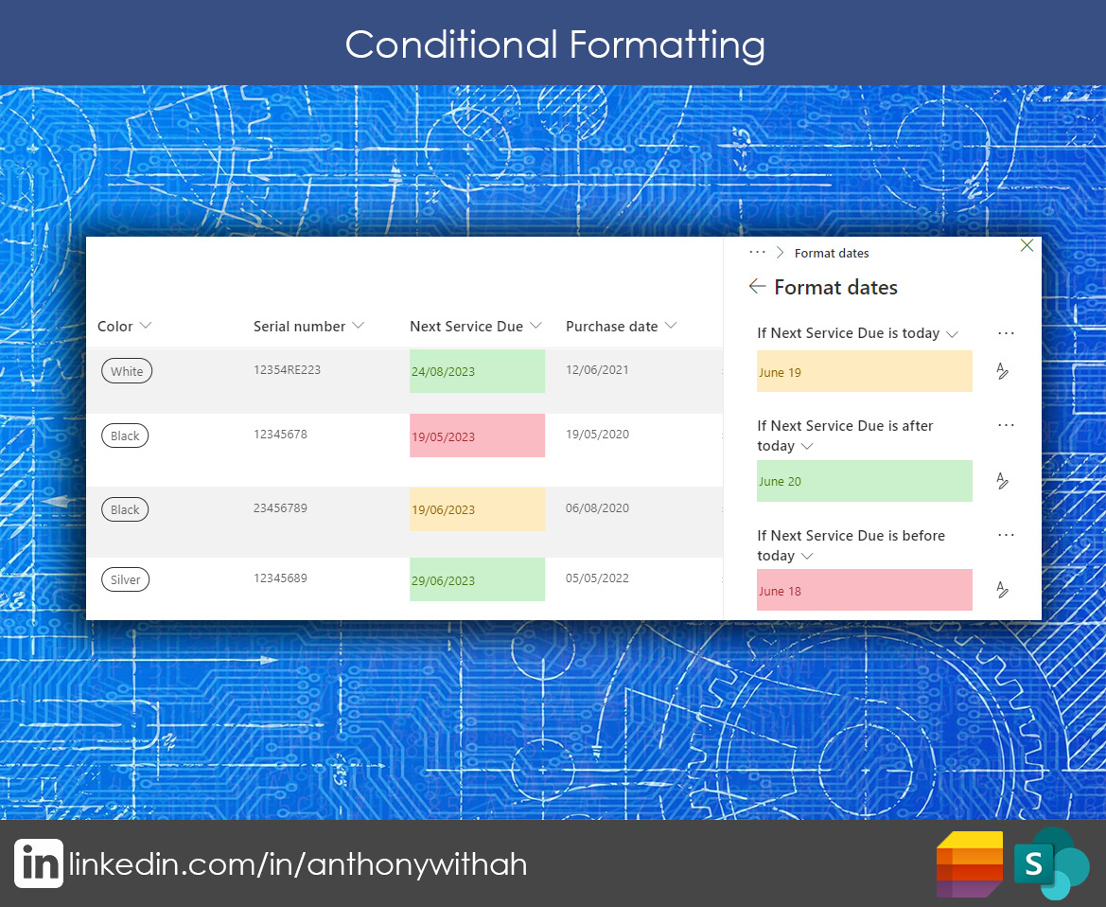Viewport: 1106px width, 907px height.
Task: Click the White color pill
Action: (x=127, y=371)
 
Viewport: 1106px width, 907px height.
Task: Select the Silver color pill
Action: (x=126, y=580)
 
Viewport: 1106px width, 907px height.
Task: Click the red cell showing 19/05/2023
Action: (x=477, y=436)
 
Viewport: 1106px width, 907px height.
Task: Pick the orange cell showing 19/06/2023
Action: (x=477, y=509)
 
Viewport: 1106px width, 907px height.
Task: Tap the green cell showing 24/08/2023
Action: (x=477, y=371)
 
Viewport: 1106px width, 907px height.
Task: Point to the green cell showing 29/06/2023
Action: (x=477, y=579)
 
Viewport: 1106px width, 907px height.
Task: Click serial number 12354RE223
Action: (x=287, y=370)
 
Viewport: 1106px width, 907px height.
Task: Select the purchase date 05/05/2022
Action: (x=597, y=578)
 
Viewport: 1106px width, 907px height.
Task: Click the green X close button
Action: (x=1027, y=245)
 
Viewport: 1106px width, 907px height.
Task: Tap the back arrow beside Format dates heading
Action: (x=757, y=286)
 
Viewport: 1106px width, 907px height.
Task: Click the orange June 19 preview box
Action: (x=864, y=371)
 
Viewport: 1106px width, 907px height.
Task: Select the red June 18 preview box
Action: (x=864, y=590)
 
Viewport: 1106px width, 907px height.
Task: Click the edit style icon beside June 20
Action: (x=1002, y=481)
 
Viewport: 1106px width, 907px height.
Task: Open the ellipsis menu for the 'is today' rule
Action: (x=1007, y=333)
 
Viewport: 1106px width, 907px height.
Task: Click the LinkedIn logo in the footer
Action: (x=39, y=863)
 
